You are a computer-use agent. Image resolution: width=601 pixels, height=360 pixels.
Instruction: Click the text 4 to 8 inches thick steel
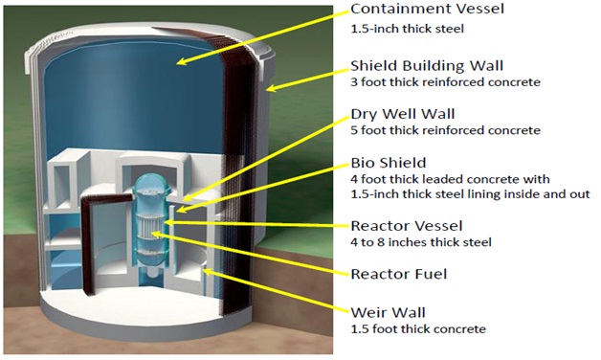[414, 242]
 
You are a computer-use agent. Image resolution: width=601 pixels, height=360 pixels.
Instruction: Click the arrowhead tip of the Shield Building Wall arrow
[265, 92]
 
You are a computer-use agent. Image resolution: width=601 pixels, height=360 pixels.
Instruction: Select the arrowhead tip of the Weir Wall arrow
[201, 270]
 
